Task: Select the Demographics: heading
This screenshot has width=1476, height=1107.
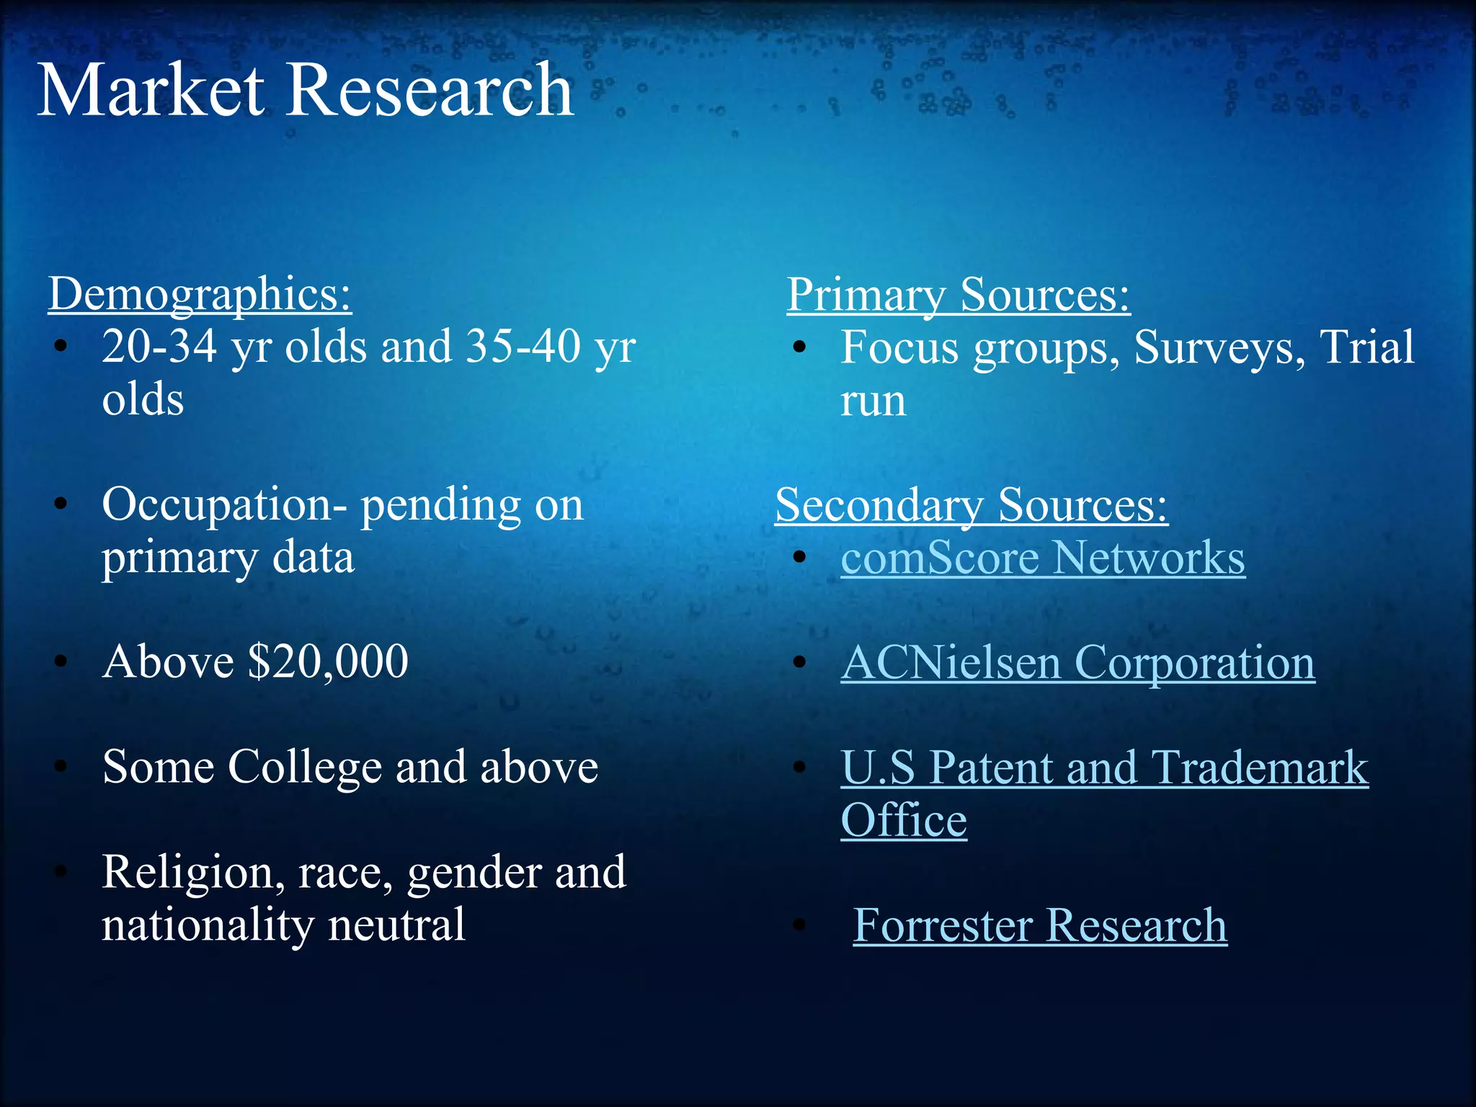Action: pyautogui.click(x=200, y=294)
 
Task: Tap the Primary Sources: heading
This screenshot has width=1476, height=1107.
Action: pyautogui.click(x=958, y=294)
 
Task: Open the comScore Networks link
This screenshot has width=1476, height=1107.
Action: pyautogui.click(x=1042, y=558)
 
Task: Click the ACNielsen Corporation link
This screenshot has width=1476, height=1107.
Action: pyautogui.click(x=1077, y=662)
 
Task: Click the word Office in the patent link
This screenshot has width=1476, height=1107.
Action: pyautogui.click(x=904, y=820)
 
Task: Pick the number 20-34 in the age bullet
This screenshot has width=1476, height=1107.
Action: pyautogui.click(x=159, y=347)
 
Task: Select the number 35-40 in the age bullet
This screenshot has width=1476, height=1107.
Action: pyautogui.click(x=523, y=347)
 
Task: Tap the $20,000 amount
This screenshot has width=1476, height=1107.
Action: pyautogui.click(x=328, y=662)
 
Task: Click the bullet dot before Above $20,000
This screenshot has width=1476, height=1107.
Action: pyautogui.click(x=61, y=662)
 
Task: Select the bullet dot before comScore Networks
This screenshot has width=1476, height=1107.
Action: pyautogui.click(x=799, y=557)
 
